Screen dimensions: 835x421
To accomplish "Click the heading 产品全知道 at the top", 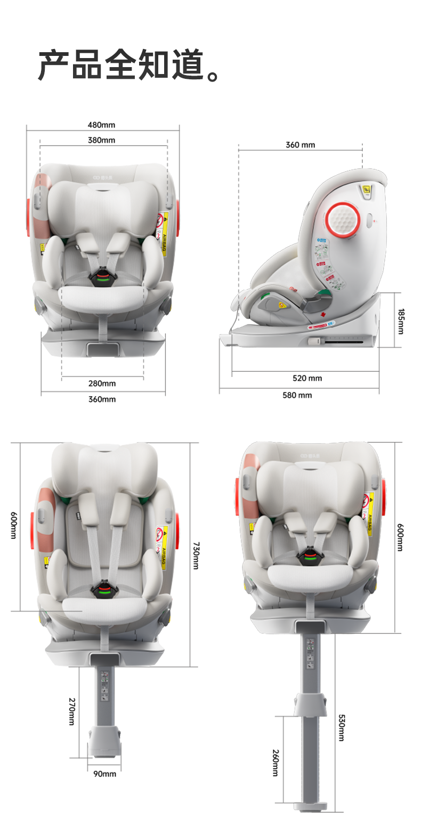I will (128, 65).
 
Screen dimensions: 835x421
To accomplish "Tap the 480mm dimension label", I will (101, 125).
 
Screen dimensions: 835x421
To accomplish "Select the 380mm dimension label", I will (101, 141).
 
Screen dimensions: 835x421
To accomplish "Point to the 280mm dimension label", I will (102, 383).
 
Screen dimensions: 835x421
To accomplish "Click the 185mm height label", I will (400, 320).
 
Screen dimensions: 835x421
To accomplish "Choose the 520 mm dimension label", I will (307, 378).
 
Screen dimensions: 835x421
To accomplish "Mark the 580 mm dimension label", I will (297, 395).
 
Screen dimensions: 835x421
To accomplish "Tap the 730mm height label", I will (196, 555).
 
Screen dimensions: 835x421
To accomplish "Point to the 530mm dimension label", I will (341, 727).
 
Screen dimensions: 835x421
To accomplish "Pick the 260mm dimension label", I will (275, 763).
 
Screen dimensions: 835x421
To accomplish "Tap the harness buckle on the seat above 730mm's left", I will (103, 591).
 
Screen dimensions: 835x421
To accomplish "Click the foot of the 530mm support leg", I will (311, 805).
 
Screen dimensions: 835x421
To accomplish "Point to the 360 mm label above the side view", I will (301, 145).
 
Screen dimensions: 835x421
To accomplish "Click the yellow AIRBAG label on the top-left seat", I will (164, 234).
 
